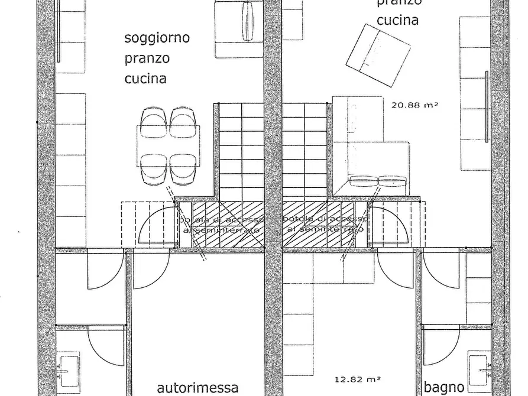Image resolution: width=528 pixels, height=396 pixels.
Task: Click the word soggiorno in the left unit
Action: click(x=157, y=39)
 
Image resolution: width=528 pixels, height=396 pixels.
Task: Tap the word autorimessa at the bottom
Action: click(x=198, y=388)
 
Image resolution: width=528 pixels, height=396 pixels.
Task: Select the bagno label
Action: click(x=443, y=388)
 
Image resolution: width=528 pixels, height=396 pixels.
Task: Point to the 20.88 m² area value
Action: click(x=414, y=106)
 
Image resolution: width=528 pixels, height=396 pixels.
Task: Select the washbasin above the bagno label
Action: click(x=480, y=366)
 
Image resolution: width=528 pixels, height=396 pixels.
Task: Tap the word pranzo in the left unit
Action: click(x=147, y=59)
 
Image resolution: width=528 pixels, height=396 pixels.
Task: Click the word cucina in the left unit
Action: click(x=145, y=79)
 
